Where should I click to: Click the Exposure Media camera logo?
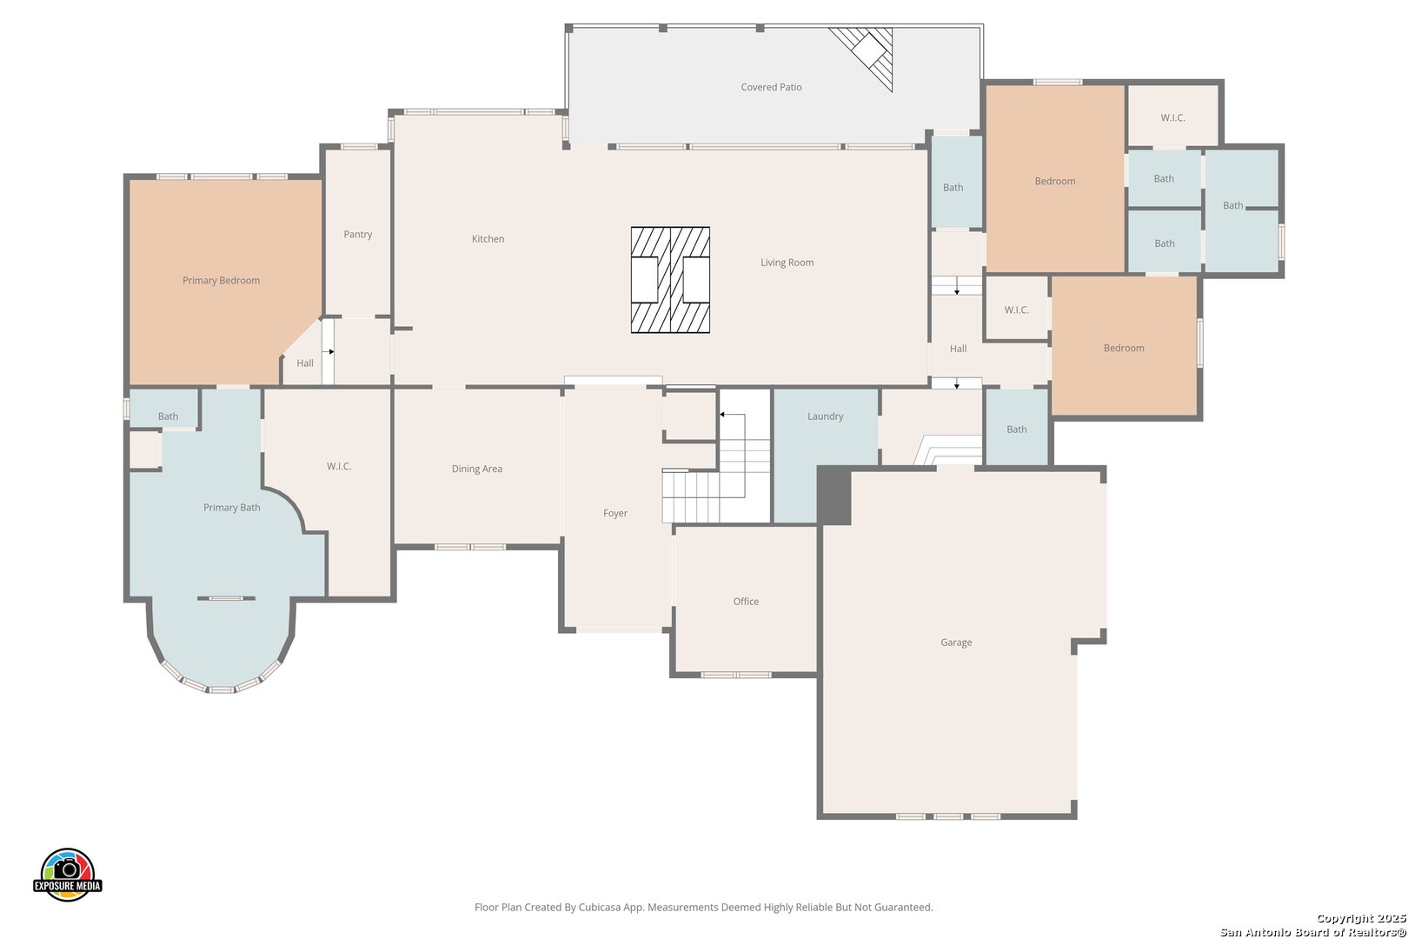tap(67, 874)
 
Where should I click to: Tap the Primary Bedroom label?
tap(222, 281)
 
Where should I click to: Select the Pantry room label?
tap(358, 235)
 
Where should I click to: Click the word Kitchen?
tap(488, 239)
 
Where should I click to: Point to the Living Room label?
tap(787, 263)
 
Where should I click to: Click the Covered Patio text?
tap(771, 88)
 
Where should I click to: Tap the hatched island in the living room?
tap(671, 280)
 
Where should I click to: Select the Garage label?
tap(956, 643)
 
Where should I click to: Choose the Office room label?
tap(746, 602)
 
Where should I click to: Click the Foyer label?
tap(615, 513)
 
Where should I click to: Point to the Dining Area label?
tap(477, 469)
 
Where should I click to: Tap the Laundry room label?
tap(826, 416)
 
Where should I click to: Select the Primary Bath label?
tap(231, 508)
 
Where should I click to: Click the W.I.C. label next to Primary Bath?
tap(339, 466)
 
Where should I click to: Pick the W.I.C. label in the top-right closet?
tap(1173, 117)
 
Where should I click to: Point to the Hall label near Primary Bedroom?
tap(305, 363)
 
